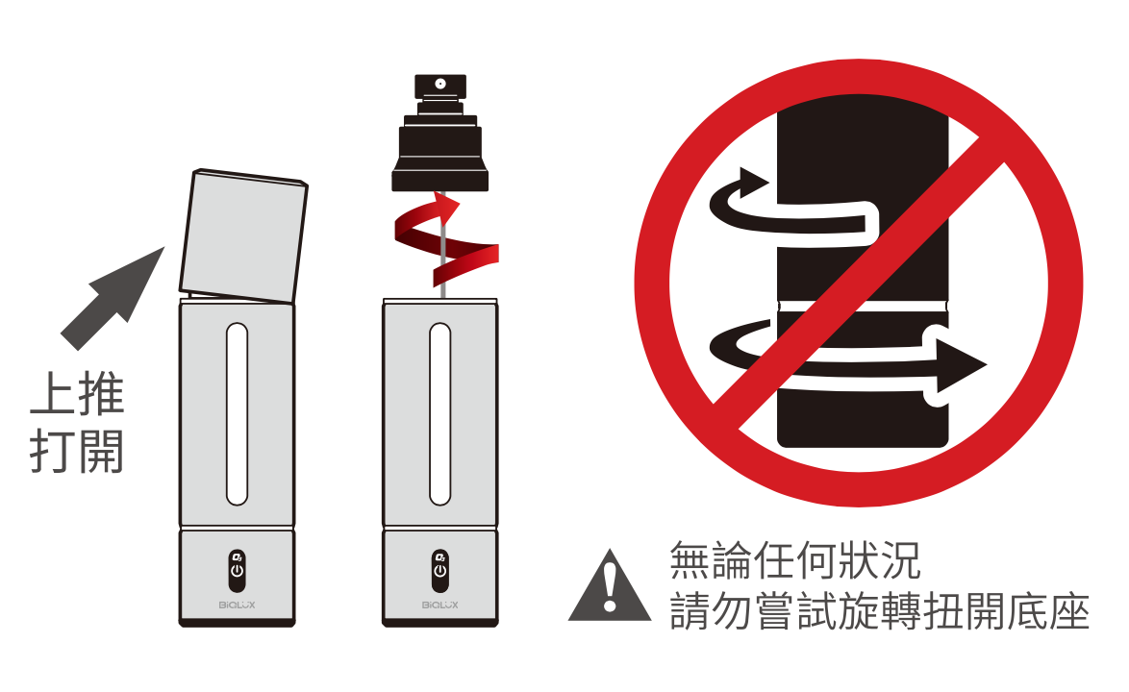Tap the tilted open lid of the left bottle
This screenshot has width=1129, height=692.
[x=243, y=235]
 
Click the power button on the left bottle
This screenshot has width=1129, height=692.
[x=237, y=565]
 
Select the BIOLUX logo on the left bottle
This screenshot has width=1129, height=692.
[x=237, y=605]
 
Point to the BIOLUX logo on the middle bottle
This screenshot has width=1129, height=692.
[x=439, y=605]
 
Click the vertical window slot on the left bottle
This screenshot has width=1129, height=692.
[x=237, y=414]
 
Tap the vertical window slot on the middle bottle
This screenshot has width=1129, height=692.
[x=439, y=414]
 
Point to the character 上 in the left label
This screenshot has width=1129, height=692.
[x=52, y=394]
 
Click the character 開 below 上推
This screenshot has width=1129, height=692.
[x=102, y=452]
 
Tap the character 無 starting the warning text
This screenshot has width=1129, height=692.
[x=690, y=559]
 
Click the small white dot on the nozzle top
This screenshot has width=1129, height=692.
[x=439, y=85]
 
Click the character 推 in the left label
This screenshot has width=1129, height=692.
[x=102, y=394]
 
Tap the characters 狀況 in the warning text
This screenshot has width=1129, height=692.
[x=878, y=559]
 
